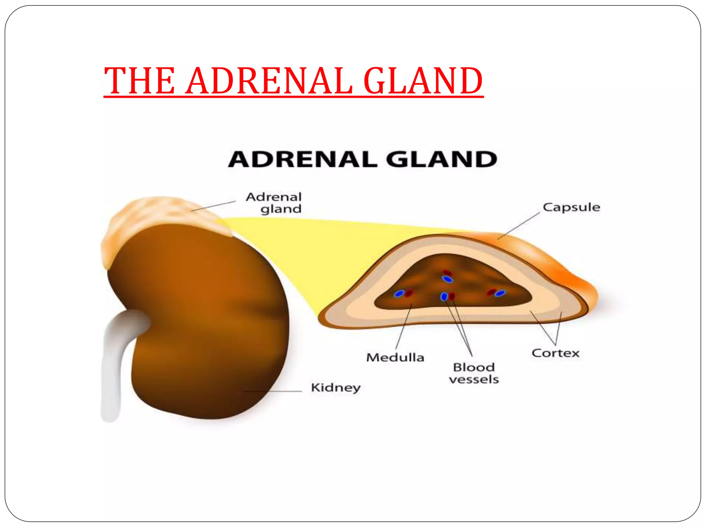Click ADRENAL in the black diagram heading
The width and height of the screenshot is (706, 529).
pyautogui.click(x=303, y=160)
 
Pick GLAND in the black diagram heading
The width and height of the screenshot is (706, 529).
pyautogui.click(x=441, y=160)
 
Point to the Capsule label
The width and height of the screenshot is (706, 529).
pyautogui.click(x=571, y=207)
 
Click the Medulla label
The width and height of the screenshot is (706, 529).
pyautogui.click(x=395, y=357)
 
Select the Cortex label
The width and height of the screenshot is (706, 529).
pyautogui.click(x=555, y=353)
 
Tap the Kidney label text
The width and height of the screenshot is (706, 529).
pyautogui.click(x=335, y=388)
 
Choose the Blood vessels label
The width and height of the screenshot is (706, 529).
pyautogui.click(x=474, y=373)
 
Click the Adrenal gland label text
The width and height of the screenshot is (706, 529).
pyautogui.click(x=274, y=203)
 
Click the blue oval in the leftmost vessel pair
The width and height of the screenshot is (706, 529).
pyautogui.click(x=399, y=294)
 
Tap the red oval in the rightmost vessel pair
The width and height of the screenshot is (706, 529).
pyautogui.click(x=491, y=292)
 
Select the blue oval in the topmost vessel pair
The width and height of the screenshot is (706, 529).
pyautogui.click(x=447, y=279)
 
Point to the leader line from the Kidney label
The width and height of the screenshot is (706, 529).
pyautogui.click(x=272, y=392)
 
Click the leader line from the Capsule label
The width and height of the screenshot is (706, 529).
pyautogui.click(x=519, y=226)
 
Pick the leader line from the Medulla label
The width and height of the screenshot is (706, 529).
pyautogui.click(x=403, y=327)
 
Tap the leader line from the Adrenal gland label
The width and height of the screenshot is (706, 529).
pyautogui.click(x=214, y=206)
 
